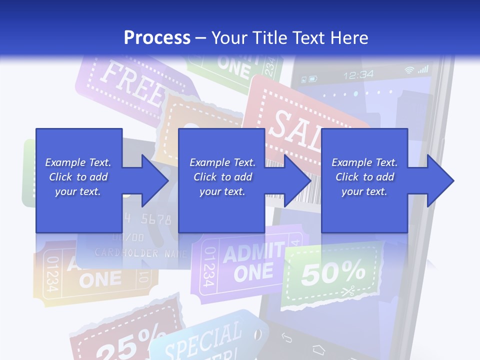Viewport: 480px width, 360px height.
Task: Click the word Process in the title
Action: pos(157,37)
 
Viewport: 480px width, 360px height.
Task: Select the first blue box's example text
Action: pos(78,177)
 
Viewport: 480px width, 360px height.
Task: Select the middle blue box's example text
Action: pos(222,177)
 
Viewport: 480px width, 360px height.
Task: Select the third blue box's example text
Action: pos(364,177)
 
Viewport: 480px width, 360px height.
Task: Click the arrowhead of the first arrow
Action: pos(155,180)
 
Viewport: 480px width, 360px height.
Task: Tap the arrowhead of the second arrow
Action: pos(298,180)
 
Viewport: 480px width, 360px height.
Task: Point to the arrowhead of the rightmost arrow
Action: pos(441,180)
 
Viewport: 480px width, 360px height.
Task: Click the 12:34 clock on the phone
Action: pos(358,75)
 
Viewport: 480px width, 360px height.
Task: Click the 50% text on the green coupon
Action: pos(333,272)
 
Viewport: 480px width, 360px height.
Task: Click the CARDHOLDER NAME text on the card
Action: pos(140,253)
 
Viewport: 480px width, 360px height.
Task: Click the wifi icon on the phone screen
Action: pos(409,70)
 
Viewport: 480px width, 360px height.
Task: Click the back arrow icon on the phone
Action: pos(286,338)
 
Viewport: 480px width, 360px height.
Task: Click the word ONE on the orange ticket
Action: pos(100,280)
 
